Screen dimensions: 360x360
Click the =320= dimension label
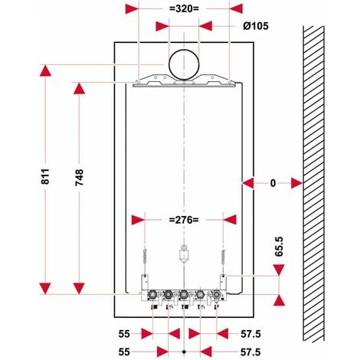183,8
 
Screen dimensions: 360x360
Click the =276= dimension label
183,220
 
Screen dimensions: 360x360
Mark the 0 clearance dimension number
272,182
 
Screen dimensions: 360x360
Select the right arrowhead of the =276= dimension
224,220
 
